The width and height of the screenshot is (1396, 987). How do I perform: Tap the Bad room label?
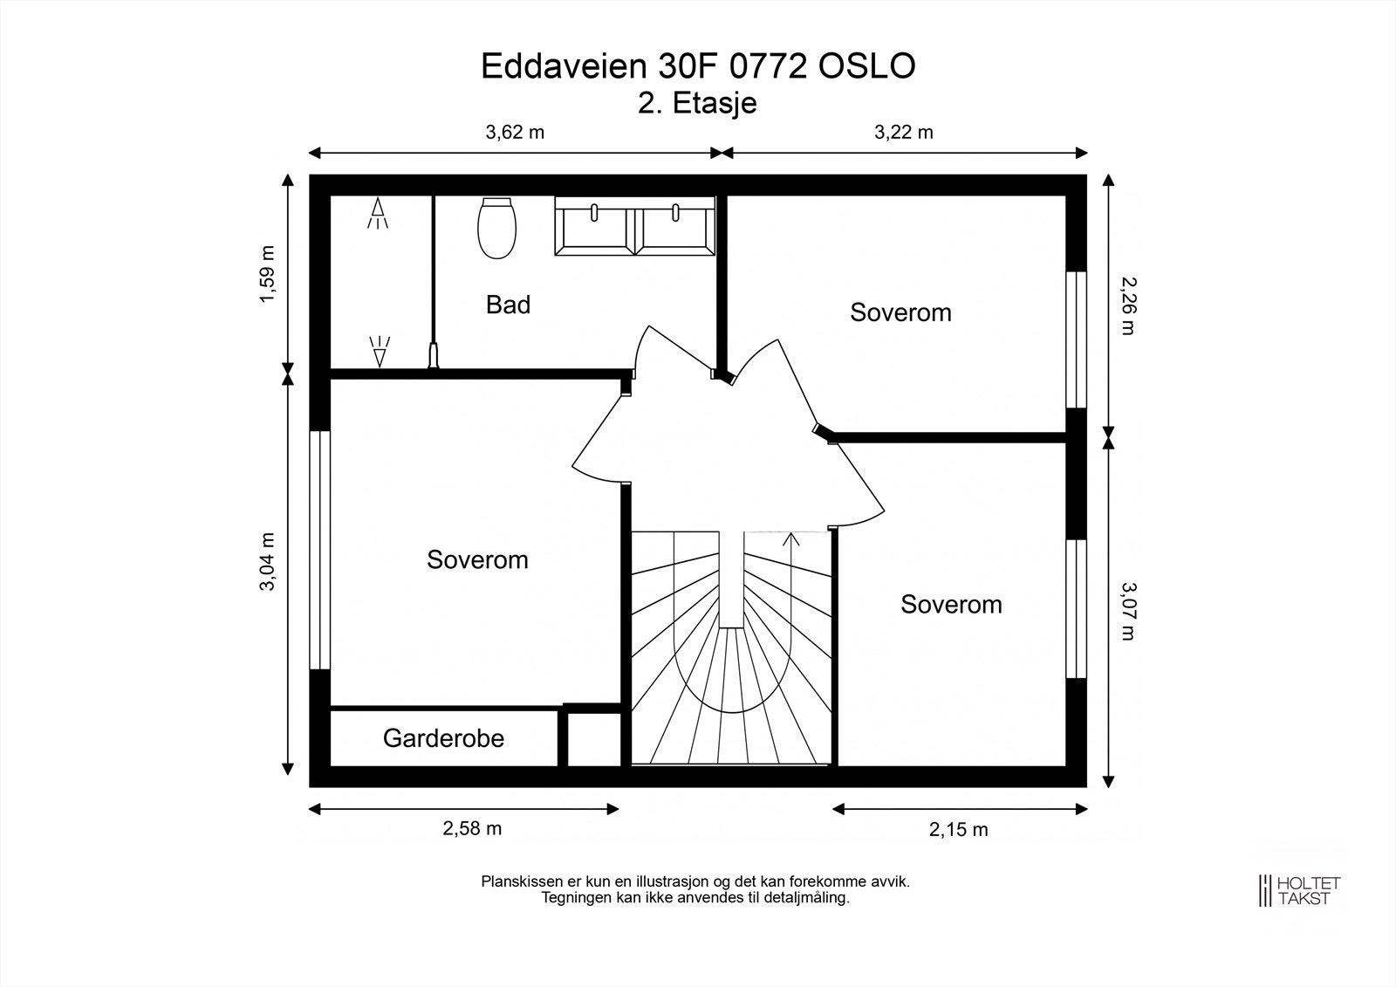tap(508, 305)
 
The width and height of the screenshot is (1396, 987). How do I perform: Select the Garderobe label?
tap(443, 738)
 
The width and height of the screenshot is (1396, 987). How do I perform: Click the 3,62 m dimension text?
tap(514, 133)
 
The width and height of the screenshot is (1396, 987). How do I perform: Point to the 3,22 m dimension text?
tap(903, 133)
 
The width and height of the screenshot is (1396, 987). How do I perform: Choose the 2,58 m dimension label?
tap(472, 829)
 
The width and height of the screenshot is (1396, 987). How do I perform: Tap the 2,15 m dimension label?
tap(958, 830)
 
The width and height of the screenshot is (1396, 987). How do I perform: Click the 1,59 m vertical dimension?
tap(267, 274)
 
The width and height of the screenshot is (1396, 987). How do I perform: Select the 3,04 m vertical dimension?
tap(267, 562)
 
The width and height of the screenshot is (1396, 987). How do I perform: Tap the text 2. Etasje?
tap(697, 104)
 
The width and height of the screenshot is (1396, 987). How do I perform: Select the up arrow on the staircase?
tap(792, 542)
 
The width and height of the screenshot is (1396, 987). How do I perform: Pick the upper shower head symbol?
tap(378, 212)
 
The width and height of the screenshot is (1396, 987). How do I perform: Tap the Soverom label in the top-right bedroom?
tap(900, 312)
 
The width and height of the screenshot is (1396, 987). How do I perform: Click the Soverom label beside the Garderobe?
tap(477, 559)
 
